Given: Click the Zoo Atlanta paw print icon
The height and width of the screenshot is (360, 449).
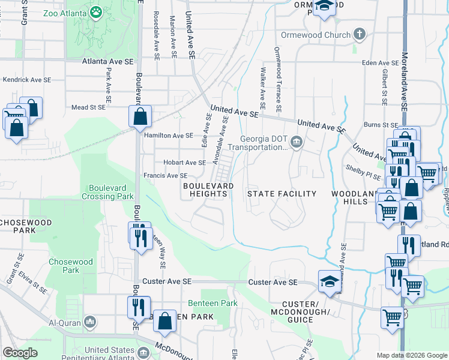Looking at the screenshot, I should pos(95,11).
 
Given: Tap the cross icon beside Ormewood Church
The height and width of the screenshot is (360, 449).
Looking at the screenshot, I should pos(360,34).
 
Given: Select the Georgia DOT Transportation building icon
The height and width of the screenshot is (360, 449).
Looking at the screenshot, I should pos(296,142).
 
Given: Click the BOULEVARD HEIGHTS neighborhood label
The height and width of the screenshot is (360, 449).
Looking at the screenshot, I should pos(208,190).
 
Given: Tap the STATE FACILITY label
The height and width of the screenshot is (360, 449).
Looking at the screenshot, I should pos(282,194).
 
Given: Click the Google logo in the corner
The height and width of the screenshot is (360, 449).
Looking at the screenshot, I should pos(20,353).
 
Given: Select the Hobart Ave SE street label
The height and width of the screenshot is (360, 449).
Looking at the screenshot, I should pos(184,163).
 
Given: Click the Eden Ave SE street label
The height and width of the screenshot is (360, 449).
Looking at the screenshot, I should pos(381,63).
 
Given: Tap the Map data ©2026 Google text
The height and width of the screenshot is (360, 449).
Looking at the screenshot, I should pos(411,355).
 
